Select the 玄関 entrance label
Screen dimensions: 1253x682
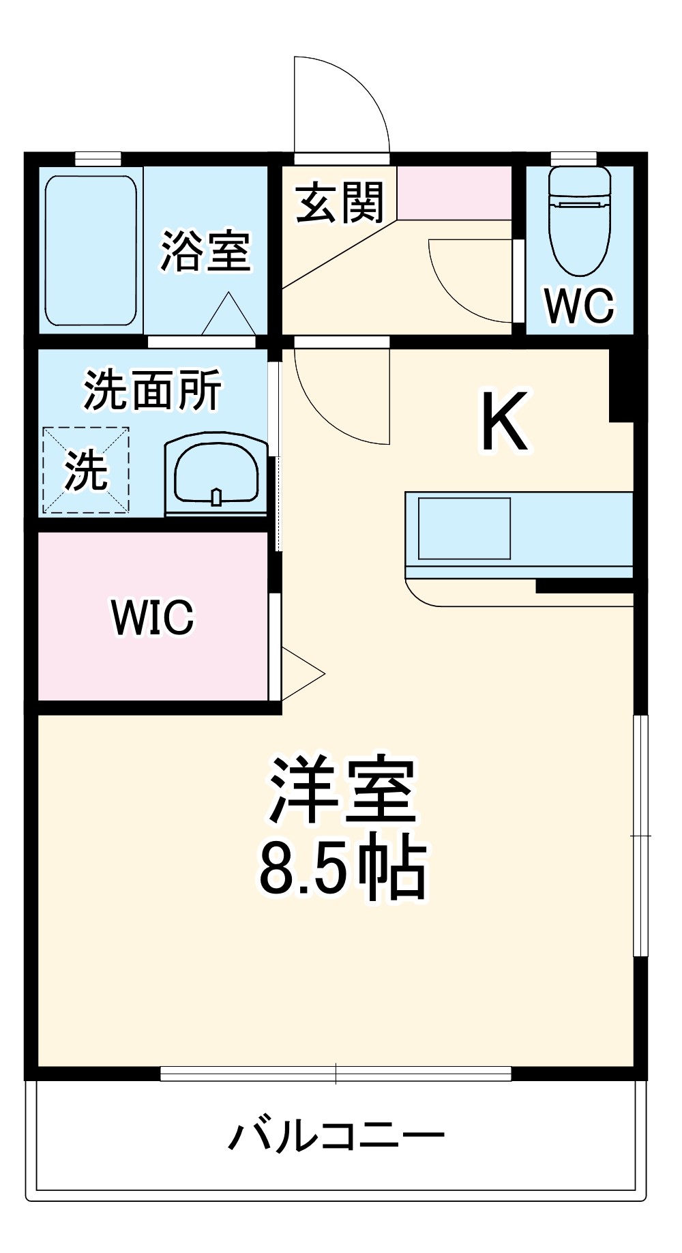340,203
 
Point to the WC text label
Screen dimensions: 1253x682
579,306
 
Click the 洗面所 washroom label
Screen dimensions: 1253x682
153,390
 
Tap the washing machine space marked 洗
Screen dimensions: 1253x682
86,470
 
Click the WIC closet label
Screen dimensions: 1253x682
153,617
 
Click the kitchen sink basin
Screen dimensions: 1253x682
464,529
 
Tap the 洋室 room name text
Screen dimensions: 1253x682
342,791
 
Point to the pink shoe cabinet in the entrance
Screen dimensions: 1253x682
454,193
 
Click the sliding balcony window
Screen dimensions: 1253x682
336,1074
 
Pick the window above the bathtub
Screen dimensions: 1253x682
98,158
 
